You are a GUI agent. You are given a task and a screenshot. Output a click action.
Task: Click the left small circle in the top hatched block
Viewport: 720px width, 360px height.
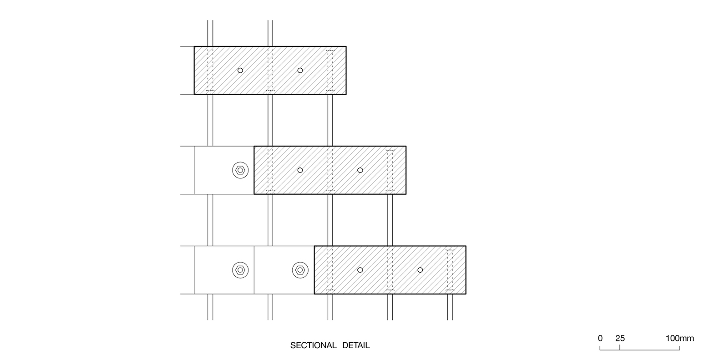point(240,70)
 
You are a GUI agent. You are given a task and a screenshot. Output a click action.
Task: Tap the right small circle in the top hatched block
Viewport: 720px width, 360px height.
point(300,70)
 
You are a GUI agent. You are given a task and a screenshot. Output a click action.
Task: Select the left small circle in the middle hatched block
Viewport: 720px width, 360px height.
point(300,170)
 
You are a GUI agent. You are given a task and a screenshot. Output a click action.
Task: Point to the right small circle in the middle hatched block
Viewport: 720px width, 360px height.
point(360,170)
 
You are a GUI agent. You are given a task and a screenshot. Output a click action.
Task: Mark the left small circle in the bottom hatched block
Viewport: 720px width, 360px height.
point(360,270)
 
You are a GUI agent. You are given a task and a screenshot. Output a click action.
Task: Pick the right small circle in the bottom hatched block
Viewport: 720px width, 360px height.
point(420,270)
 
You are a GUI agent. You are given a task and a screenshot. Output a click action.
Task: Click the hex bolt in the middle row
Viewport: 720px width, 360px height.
point(240,170)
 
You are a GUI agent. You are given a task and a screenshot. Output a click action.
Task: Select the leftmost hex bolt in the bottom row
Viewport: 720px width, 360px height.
point(240,270)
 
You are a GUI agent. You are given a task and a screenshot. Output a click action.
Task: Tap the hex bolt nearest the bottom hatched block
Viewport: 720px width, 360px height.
point(299,270)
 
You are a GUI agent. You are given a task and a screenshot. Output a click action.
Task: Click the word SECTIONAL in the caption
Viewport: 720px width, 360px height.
point(314,345)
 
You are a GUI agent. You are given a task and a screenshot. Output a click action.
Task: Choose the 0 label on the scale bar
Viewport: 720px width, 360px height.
point(600,338)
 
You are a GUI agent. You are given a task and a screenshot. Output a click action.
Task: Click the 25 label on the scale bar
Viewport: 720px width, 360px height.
point(620,338)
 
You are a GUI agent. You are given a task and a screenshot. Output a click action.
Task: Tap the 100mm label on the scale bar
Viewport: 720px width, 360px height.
point(680,338)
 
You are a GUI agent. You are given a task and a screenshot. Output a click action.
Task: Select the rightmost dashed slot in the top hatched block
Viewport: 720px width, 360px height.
point(330,70)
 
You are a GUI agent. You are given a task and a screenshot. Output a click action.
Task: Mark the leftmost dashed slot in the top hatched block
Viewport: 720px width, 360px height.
point(210,70)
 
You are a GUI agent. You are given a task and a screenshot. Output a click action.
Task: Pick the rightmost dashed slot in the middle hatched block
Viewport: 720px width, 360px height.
point(390,170)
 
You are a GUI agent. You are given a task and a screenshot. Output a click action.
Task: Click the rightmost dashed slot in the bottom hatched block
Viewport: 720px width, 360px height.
point(450,270)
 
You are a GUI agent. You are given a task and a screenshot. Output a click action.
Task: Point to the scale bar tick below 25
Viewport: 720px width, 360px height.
point(620,348)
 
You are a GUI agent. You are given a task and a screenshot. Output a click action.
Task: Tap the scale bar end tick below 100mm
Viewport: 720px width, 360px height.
point(679,348)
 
